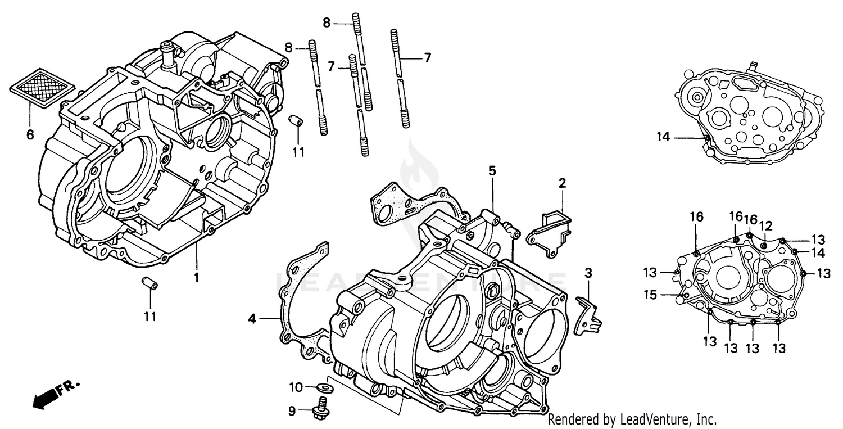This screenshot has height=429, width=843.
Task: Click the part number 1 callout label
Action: (197, 277)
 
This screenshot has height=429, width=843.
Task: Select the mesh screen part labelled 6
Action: (43, 87)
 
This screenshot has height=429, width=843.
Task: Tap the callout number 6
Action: (30, 135)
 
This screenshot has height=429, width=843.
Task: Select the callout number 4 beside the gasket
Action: (252, 319)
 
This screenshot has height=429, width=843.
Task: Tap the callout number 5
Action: (492, 170)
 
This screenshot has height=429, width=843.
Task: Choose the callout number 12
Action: (765, 226)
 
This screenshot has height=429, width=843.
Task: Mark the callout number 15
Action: (650, 295)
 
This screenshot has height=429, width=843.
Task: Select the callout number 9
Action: (292, 412)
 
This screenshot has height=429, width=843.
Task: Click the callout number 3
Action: (588, 274)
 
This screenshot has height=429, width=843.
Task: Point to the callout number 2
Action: (562, 183)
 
